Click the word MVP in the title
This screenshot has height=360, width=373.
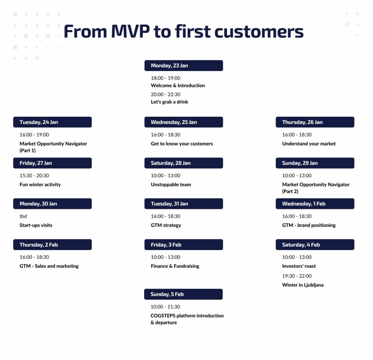[x=130, y=31]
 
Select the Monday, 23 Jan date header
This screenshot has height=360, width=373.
[x=184, y=66]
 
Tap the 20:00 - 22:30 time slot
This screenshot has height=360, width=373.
[x=166, y=94]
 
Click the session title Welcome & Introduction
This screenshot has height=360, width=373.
[x=178, y=85]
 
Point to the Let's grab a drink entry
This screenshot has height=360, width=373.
[x=169, y=102]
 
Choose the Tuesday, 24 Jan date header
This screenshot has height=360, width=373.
[x=52, y=122]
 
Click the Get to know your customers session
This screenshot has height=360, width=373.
[x=182, y=144]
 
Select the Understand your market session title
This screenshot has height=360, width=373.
[x=309, y=144]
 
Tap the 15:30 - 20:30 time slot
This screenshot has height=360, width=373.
[x=34, y=175]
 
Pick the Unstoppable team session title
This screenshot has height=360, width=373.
[x=171, y=185]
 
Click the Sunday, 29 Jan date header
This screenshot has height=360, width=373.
[x=315, y=163]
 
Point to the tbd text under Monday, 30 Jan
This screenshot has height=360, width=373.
[x=23, y=216]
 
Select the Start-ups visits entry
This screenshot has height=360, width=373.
[x=36, y=225]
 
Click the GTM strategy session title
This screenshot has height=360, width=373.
[x=166, y=225]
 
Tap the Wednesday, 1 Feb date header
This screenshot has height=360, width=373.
[x=315, y=204]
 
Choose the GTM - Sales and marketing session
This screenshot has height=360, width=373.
[x=49, y=266]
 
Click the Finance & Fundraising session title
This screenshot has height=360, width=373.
[x=175, y=266]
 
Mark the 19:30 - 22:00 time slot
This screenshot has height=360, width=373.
[x=297, y=276]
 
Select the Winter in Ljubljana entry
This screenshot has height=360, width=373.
[x=303, y=285]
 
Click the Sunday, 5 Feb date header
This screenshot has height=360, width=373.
[x=184, y=294]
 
